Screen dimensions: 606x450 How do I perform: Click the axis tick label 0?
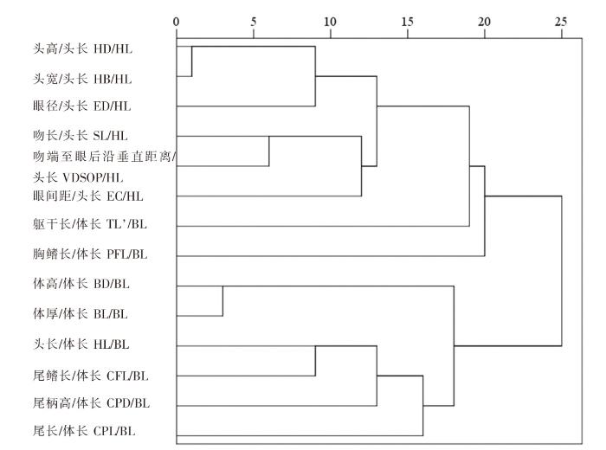[x=177, y=22]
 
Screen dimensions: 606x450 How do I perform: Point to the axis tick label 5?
[x=253, y=22]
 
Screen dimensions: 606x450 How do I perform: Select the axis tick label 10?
[x=330, y=22]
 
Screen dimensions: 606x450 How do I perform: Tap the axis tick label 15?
[x=407, y=22]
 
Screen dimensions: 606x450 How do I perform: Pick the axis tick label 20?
[x=484, y=22]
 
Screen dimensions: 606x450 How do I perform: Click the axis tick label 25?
[x=561, y=22]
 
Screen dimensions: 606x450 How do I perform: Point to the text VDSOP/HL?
[x=93, y=177]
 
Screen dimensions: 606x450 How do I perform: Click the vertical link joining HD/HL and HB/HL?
[x=191, y=61]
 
